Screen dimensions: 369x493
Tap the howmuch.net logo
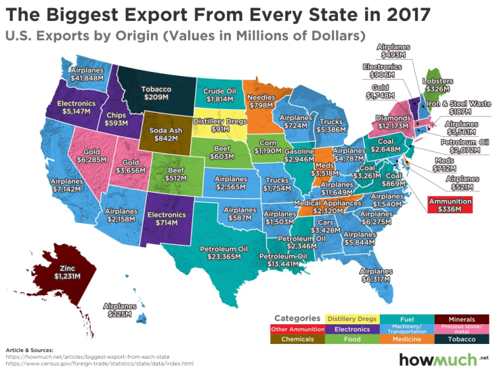442,359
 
